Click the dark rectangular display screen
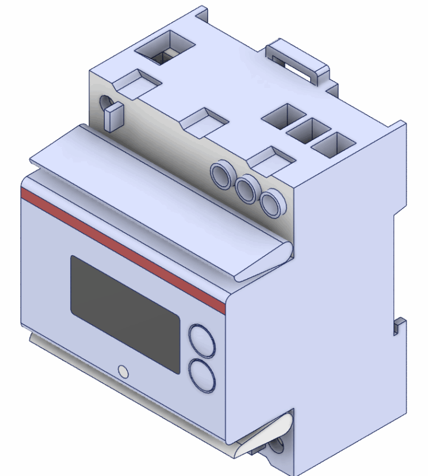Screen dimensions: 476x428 125,314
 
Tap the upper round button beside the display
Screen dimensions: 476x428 202,340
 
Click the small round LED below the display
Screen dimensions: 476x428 123,371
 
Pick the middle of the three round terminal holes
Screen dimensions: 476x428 246,189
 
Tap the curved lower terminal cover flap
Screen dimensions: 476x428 262,437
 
